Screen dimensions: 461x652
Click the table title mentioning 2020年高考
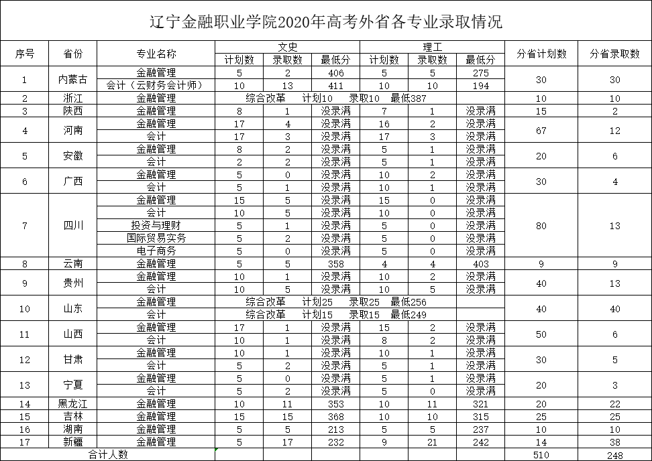325,21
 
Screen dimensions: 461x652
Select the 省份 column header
73,54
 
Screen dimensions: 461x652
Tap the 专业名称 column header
156,54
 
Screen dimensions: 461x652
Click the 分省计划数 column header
541,54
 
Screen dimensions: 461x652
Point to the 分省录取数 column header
614,54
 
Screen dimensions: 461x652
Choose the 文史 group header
287,47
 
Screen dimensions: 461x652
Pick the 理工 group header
432,47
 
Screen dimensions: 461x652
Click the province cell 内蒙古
73,79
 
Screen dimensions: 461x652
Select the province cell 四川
73,225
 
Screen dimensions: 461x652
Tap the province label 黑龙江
73,404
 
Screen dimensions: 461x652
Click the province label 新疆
73,442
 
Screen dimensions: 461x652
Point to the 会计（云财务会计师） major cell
156,86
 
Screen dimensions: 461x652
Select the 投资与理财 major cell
156,225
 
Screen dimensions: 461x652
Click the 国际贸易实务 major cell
156,238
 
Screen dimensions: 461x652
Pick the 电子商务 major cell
156,251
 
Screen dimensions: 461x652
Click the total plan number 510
541,455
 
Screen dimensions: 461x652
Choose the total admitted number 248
614,455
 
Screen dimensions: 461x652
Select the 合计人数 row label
107,455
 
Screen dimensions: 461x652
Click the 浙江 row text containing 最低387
335,98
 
